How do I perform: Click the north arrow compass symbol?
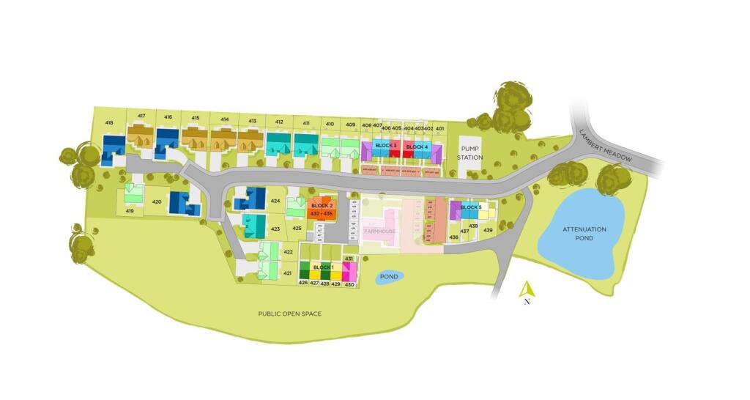[527, 291]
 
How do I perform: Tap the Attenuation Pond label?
[584, 233]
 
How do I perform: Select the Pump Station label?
[470, 152]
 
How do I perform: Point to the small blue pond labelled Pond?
[389, 277]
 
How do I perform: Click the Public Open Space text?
[289, 314]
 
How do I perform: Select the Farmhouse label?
[380, 231]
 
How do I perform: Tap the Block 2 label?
[322, 206]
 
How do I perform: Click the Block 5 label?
[471, 207]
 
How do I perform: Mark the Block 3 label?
[386, 146]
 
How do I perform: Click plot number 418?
[109, 122]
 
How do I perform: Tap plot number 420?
[156, 201]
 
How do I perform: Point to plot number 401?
[439, 128]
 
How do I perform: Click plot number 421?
[288, 273]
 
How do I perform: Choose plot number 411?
[305, 122]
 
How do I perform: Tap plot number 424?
[275, 201]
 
